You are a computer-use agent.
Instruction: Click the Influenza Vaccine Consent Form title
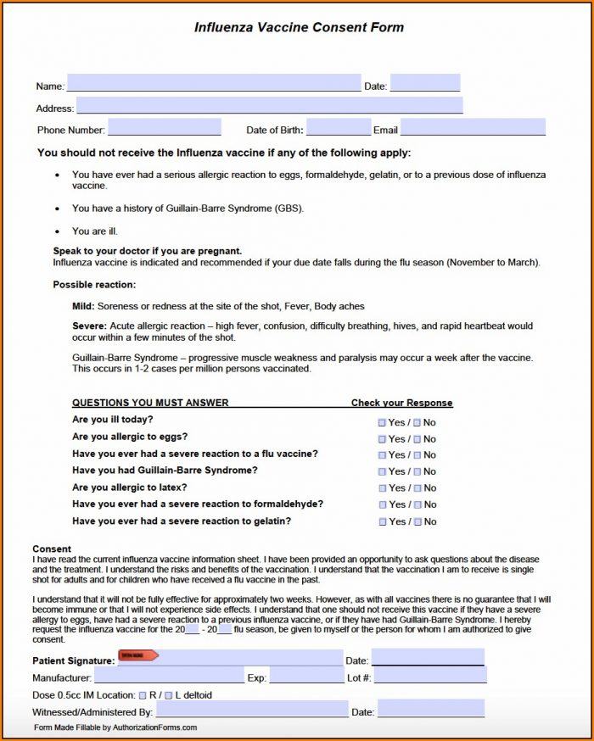point(299,27)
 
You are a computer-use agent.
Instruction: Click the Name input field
point(213,83)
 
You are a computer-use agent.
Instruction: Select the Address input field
point(269,106)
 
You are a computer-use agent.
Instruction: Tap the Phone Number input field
point(164,128)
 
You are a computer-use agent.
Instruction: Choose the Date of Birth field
point(338,128)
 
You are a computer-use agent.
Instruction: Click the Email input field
point(472,128)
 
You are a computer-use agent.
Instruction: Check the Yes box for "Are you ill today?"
point(383,422)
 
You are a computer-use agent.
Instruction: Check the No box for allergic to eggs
point(417,439)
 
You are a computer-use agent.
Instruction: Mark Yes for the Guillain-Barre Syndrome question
point(383,471)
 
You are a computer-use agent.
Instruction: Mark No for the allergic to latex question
point(417,488)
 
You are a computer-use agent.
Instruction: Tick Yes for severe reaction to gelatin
point(383,522)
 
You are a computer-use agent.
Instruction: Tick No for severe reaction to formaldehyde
point(417,505)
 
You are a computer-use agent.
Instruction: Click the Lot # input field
point(430,677)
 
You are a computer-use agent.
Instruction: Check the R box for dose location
point(143,695)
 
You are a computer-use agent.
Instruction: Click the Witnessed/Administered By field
point(251,710)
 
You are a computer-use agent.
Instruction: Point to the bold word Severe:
point(89,326)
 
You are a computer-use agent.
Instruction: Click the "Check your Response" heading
point(401,403)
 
